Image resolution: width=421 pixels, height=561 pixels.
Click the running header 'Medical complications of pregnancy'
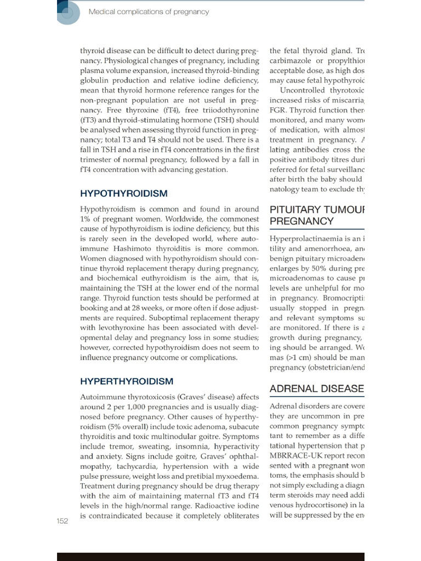point(149,12)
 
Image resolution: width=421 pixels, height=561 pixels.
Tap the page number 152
point(62,521)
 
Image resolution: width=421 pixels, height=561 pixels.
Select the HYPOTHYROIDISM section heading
point(124,193)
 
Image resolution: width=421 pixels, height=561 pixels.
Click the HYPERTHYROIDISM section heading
point(127,381)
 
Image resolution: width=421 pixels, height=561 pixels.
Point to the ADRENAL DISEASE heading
point(317,389)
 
